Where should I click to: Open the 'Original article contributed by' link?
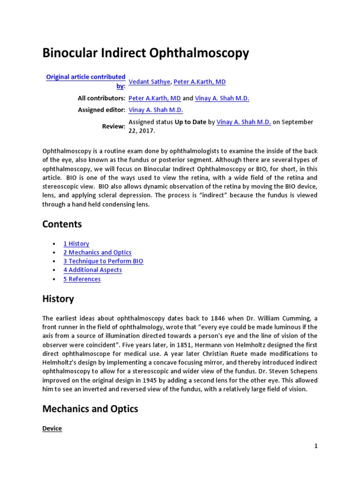pos(86,77)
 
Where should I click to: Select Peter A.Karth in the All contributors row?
pos(154,98)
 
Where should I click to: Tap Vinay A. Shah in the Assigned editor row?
pos(156,110)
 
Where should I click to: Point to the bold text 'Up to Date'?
pos(190,122)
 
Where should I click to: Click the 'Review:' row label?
pos(113,126)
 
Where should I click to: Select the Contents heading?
pos(62,224)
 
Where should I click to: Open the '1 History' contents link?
pos(76,244)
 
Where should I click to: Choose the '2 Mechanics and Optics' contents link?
pos(97,253)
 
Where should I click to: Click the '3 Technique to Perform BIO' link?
pos(103,261)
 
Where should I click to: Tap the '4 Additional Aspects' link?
pos(92,270)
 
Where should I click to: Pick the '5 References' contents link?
pos(82,279)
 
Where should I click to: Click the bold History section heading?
pos(58,299)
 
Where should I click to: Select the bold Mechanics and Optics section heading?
pos(90,409)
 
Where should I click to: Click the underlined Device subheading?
pos(52,428)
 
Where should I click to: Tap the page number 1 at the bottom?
pos(316,446)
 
